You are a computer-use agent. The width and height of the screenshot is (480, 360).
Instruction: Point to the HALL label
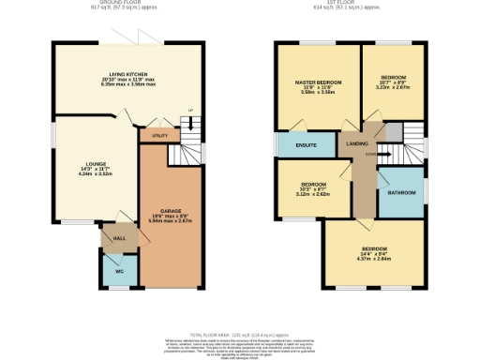pyautogui.click(x=119, y=239)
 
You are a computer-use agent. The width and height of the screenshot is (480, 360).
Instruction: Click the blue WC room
pyautogui.click(x=119, y=271)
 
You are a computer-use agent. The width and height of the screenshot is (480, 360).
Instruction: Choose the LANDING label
pyautogui.click(x=357, y=143)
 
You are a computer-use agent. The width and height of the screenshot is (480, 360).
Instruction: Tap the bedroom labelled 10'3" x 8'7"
pyautogui.click(x=312, y=185)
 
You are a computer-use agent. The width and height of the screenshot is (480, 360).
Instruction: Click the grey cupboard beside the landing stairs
pyautogui.click(x=395, y=130)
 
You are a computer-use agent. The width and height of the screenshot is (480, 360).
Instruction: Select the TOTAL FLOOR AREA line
pyautogui.click(x=240, y=334)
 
